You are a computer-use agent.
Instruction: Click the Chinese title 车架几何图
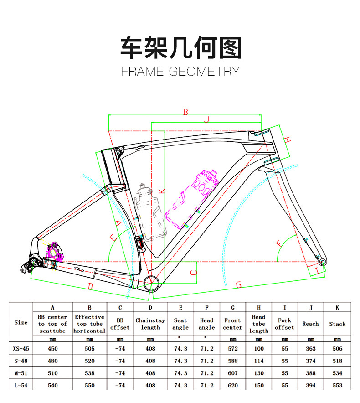[180, 47]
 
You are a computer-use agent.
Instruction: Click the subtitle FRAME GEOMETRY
[180, 72]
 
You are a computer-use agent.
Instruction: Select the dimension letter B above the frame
[185, 112]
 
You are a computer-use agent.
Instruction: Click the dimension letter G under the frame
[238, 285]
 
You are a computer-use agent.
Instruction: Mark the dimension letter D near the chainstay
[90, 286]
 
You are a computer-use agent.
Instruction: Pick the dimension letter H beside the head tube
[287, 139]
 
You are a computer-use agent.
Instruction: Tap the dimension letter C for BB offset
[193, 272]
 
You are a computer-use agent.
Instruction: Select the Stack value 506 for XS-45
[337, 349]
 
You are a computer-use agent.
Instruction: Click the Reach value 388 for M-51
[310, 373]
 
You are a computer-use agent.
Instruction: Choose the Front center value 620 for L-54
[233, 385]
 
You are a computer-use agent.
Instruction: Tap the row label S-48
[21, 361]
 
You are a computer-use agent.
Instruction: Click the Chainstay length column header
[150, 324]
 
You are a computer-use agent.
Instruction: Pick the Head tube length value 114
[258, 361]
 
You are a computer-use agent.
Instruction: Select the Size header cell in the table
[21, 322]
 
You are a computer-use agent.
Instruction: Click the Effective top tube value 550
[90, 385]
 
